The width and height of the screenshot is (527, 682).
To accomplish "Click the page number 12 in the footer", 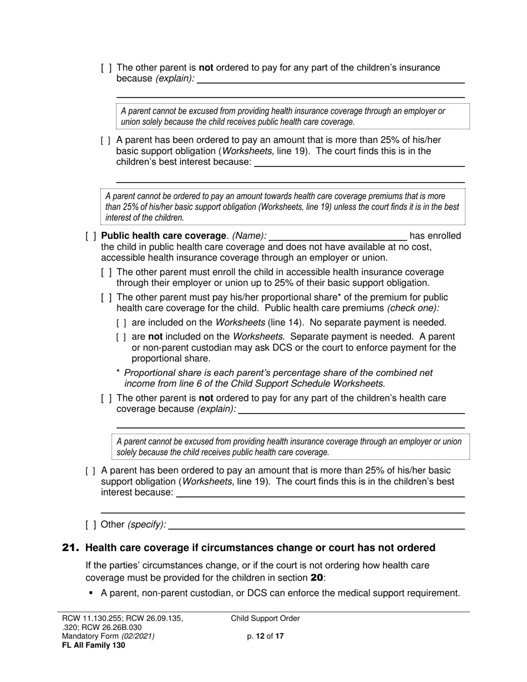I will [x=260, y=637].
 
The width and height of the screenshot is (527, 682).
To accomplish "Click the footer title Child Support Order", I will [x=265, y=619].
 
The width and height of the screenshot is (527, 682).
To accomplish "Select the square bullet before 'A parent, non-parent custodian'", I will [x=92, y=593].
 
